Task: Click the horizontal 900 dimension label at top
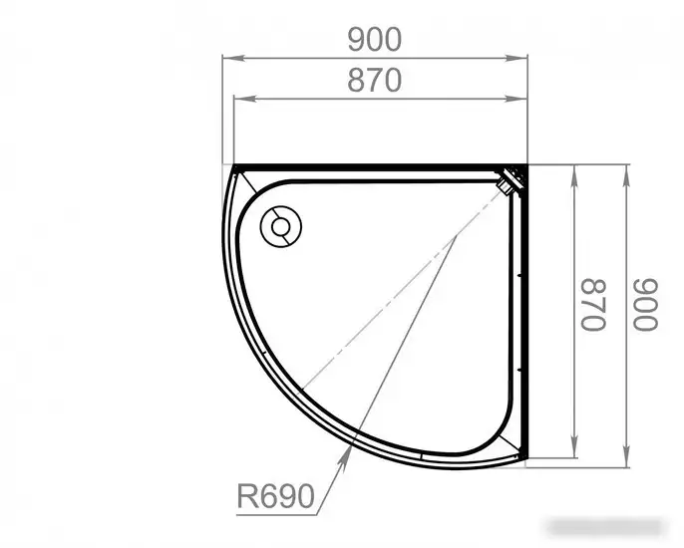pos(374,39)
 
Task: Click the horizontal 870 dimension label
pos(374,81)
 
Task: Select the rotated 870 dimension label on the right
pos(593,304)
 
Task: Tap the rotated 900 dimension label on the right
pos(645,304)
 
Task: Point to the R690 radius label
pos(275,495)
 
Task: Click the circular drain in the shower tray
pos(281,227)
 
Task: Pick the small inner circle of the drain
pos(280,227)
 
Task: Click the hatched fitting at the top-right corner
pos(512,179)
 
